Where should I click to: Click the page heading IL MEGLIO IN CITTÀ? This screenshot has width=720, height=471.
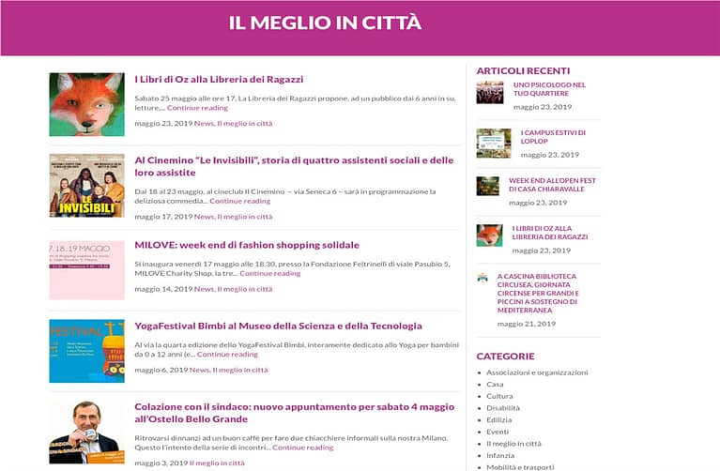(x=325, y=23)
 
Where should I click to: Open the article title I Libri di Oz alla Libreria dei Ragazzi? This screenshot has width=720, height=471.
(x=219, y=80)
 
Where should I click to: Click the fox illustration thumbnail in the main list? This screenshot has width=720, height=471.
(x=86, y=105)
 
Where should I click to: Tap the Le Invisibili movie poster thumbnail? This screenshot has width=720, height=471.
(x=86, y=186)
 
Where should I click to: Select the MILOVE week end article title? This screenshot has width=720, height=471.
(x=247, y=245)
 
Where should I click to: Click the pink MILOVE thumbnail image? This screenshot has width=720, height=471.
(x=86, y=270)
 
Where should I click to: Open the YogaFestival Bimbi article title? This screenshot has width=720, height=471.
(x=278, y=326)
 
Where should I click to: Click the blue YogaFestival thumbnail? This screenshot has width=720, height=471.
(x=86, y=351)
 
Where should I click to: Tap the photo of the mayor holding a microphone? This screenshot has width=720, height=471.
(x=86, y=432)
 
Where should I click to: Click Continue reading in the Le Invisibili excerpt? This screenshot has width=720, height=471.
(x=239, y=201)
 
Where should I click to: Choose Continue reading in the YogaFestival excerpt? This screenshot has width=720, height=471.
(x=227, y=355)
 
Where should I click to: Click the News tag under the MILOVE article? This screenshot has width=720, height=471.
(x=204, y=289)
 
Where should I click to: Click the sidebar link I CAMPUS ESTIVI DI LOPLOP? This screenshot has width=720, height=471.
(x=553, y=137)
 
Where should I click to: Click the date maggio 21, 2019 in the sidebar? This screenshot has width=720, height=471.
(x=527, y=324)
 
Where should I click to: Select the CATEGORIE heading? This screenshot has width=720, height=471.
(x=505, y=357)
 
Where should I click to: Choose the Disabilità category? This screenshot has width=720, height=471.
(x=503, y=408)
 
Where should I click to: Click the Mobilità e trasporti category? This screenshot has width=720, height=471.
(x=520, y=466)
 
